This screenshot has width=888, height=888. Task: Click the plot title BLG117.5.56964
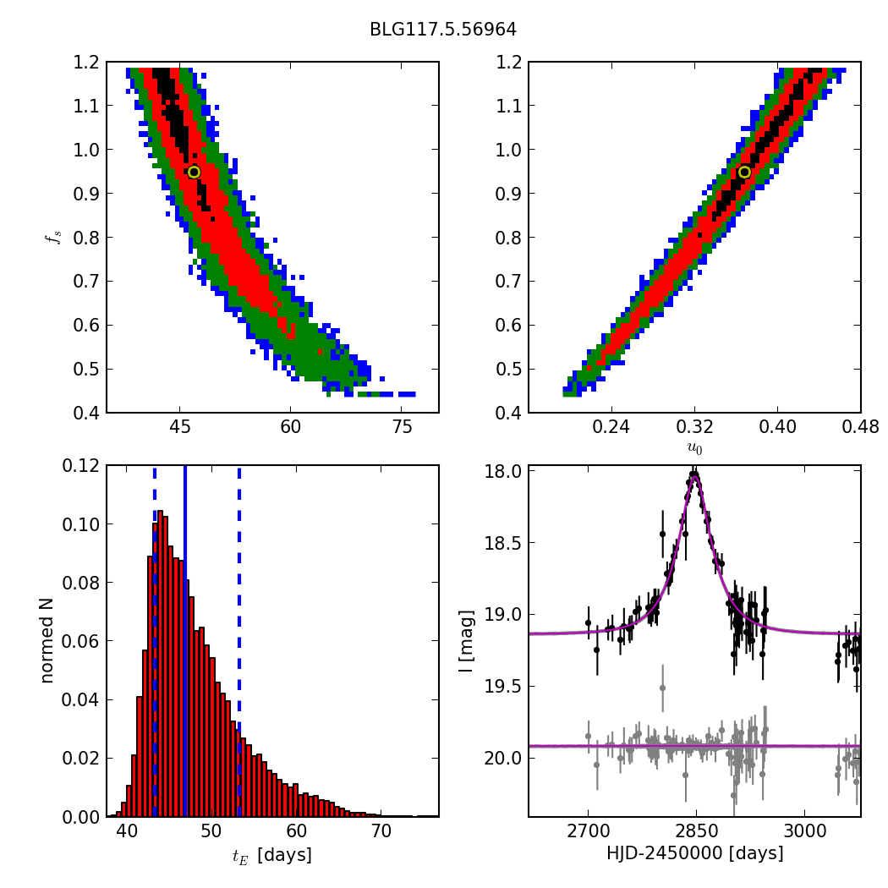coord(442,30)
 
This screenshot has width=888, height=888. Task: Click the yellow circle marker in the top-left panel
coord(194,172)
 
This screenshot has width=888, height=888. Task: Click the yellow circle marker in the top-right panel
coord(744,172)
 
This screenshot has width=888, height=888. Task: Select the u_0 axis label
coord(694,447)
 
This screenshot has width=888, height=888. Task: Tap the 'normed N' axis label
coord(49,640)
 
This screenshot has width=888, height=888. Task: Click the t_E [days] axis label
coord(272,855)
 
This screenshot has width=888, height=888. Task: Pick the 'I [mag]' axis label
coord(466,640)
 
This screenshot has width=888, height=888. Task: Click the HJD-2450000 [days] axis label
coord(694,853)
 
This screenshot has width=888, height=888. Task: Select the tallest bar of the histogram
coord(158,664)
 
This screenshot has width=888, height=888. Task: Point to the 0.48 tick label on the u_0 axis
coord(860,427)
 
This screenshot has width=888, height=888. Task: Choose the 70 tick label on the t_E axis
coord(381,831)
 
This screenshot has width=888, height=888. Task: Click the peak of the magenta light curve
coord(694,476)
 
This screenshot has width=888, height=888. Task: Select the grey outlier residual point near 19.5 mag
coord(662,688)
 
